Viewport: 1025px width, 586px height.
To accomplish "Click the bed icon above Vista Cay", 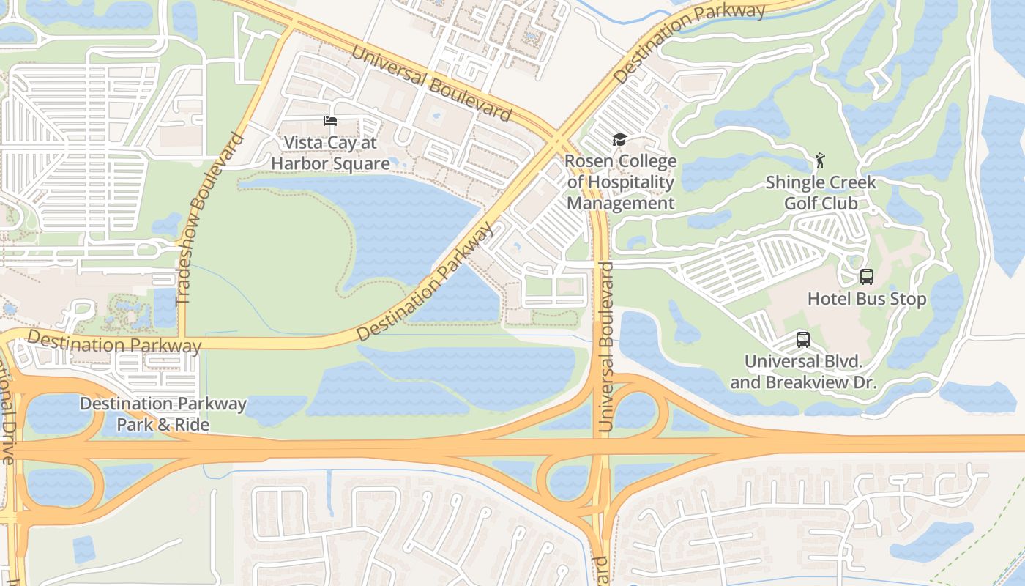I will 330,121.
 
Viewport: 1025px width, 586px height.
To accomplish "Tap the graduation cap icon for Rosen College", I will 620,139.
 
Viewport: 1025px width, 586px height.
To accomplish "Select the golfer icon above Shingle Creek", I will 820,160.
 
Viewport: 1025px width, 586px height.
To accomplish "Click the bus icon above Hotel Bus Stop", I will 867,277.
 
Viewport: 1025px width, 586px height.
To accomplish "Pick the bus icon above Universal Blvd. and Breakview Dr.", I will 803,340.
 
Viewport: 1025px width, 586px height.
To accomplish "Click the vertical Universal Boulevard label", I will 605,346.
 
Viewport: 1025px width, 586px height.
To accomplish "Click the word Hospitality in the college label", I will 629,182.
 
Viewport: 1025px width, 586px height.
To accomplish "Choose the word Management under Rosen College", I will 620,203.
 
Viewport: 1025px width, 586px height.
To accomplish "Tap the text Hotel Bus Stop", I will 867,299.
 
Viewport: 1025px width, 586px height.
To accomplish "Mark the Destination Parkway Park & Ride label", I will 163,414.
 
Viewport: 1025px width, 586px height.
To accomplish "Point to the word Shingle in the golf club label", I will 794,182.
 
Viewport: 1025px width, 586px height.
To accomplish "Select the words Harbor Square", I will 329,163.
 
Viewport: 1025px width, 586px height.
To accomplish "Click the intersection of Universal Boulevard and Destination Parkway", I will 557,138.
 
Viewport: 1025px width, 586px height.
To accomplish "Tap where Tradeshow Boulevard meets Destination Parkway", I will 182,341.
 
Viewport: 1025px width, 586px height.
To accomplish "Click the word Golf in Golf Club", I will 799,202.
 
